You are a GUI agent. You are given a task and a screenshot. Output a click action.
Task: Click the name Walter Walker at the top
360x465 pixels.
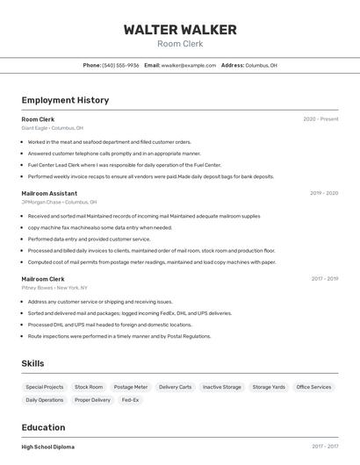click(180, 30)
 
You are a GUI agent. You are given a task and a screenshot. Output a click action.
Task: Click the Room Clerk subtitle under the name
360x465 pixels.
click(180, 44)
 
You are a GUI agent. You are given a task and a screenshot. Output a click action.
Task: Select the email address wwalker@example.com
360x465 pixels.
click(189, 65)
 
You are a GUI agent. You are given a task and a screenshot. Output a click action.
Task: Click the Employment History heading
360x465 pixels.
click(65, 100)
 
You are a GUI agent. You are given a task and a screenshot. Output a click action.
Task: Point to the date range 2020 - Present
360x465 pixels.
click(320, 119)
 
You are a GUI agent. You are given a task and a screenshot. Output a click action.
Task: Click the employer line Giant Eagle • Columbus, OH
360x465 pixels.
click(53, 128)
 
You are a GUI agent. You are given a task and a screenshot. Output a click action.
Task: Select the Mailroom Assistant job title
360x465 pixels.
click(49, 193)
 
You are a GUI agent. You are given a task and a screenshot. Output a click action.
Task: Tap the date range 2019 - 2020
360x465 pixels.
click(323, 193)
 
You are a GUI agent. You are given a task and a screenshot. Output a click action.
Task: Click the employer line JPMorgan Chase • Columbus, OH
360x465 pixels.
click(59, 202)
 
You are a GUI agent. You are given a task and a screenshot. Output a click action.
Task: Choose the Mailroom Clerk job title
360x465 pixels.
click(43, 279)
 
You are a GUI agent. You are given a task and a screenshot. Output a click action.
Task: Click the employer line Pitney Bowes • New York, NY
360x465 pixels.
click(54, 288)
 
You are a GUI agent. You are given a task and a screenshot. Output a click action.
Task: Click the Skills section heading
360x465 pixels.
click(32, 363)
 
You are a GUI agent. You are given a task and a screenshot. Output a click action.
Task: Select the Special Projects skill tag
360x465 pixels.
click(45, 387)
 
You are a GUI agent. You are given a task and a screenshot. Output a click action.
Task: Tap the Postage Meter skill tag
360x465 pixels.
click(131, 387)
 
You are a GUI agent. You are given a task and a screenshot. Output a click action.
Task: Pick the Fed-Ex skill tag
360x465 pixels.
click(130, 400)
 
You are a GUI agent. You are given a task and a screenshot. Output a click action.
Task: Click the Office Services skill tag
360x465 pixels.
click(313, 387)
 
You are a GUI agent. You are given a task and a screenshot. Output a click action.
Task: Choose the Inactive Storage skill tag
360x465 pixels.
click(221, 387)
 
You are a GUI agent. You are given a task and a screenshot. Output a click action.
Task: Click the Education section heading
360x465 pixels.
click(44, 427)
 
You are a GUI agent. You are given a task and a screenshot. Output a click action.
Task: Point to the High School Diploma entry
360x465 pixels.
click(48, 447)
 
